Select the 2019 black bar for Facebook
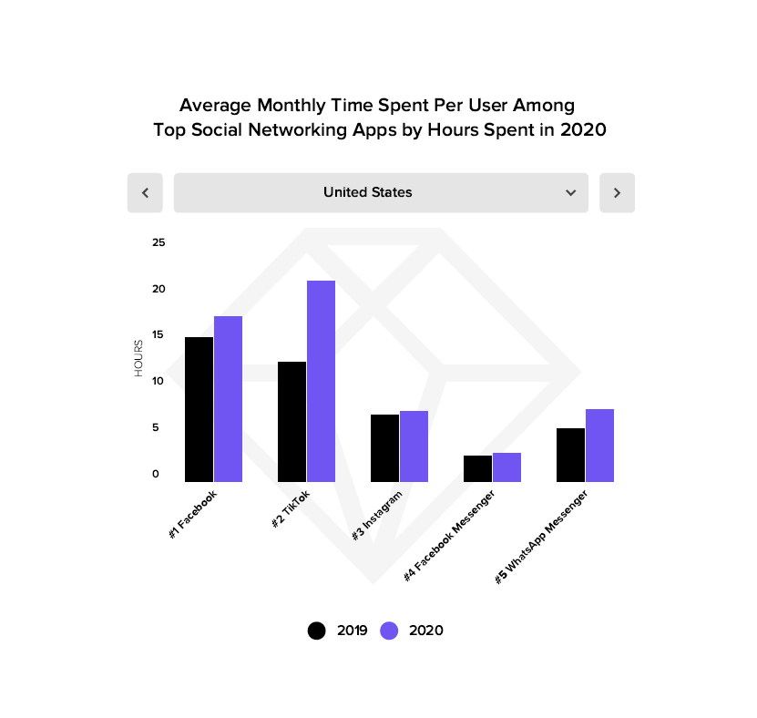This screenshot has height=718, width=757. coord(199,409)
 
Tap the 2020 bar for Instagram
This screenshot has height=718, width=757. coord(414,446)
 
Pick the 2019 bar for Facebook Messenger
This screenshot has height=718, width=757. coord(477,468)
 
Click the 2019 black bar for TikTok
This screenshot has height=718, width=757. coord(292,421)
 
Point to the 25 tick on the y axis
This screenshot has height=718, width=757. coord(159,242)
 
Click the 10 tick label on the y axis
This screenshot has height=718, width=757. coord(159,381)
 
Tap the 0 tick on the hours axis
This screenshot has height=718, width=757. coord(156,474)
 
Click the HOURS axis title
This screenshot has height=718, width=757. coord(138,358)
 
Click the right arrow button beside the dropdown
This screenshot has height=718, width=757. coord(617,193)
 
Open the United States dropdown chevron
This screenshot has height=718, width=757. coord(570,193)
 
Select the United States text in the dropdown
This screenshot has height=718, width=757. coord(367,192)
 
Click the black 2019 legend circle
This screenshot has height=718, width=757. coord(317,631)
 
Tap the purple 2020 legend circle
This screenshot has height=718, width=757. coord(390,631)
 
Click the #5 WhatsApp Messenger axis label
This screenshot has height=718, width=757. coord(541,537)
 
